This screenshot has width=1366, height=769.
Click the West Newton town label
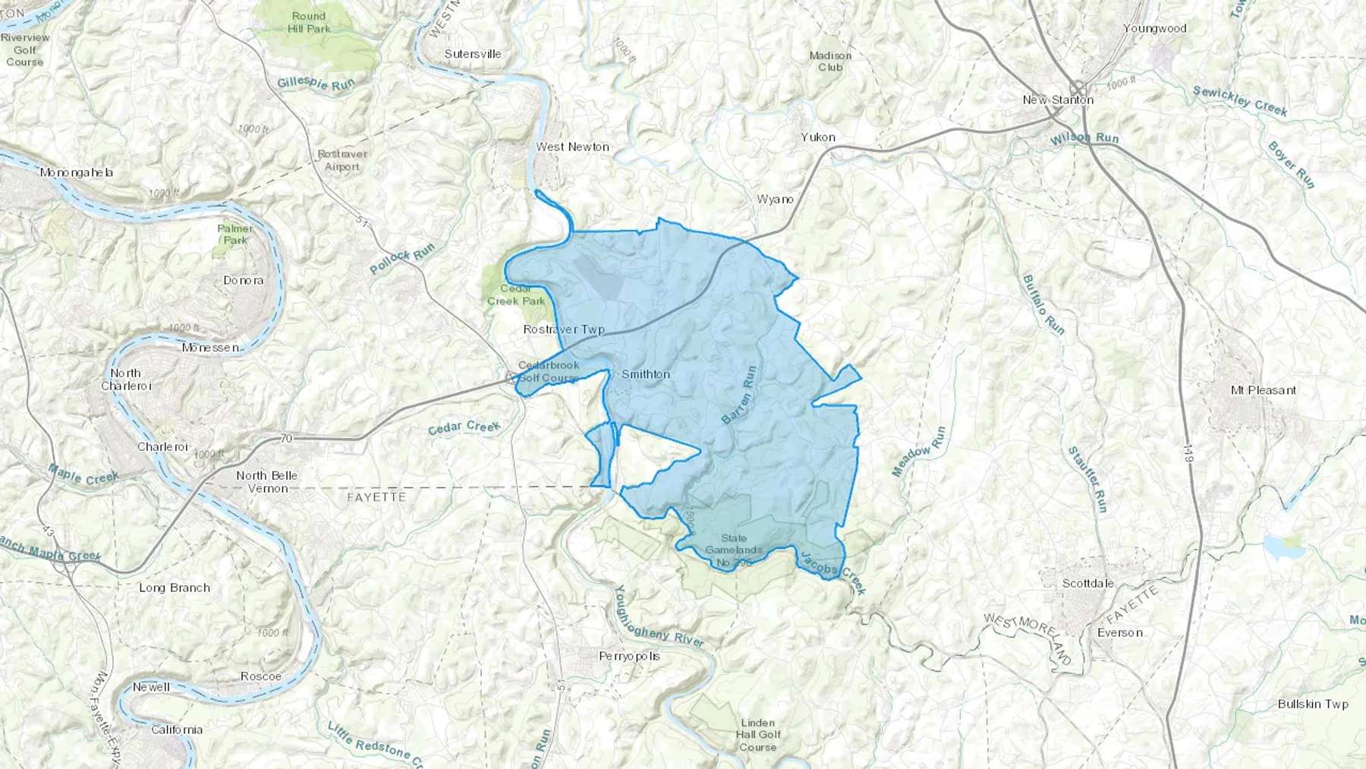tap(572, 147)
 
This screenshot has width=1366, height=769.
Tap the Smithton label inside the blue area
tap(646, 373)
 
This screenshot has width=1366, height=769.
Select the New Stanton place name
tap(1058, 99)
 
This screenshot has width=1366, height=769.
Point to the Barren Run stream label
tap(738, 395)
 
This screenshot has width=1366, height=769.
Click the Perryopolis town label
tap(629, 656)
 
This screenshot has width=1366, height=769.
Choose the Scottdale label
tap(1087, 583)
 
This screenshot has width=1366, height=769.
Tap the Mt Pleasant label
tap(1263, 390)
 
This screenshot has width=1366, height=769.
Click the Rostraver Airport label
tap(342, 159)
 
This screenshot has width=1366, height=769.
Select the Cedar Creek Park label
tap(516, 295)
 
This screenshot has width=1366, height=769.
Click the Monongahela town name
tap(76, 172)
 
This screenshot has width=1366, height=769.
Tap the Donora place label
tap(244, 280)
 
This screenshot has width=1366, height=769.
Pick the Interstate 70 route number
tap(285, 438)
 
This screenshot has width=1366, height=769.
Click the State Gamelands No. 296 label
tap(733, 550)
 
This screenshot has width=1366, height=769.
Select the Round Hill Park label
tap(309, 22)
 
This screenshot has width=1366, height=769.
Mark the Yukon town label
tap(818, 137)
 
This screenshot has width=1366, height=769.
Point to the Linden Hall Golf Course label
tap(757, 734)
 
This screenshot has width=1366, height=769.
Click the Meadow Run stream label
tap(919, 452)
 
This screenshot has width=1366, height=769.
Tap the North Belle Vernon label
tap(266, 481)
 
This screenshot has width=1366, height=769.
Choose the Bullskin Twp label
tap(1313, 704)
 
